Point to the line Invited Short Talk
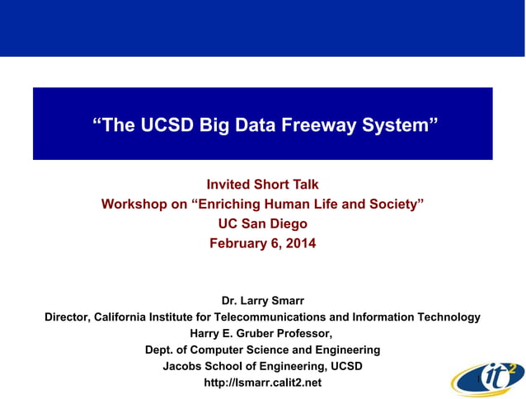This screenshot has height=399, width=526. click(x=262, y=185)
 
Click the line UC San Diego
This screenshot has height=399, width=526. click(x=262, y=223)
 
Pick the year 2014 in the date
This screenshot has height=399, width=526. click(x=298, y=243)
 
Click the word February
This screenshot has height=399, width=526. click(x=239, y=243)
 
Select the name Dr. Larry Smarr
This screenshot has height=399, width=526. click(x=262, y=301)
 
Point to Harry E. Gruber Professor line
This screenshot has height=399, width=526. click(x=262, y=333)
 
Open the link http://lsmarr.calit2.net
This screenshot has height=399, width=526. click(x=262, y=383)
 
